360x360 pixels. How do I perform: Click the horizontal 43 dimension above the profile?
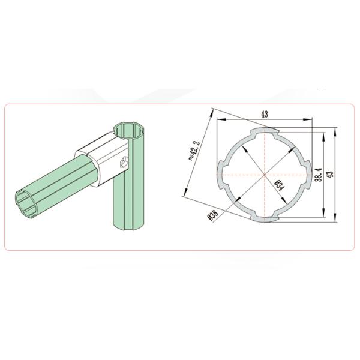264,114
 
